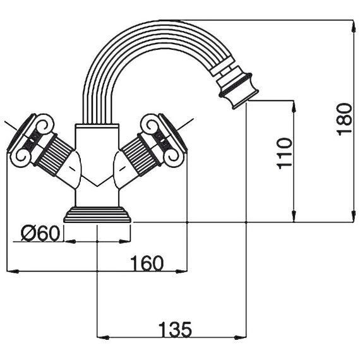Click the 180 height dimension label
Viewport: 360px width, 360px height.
click(x=344, y=119)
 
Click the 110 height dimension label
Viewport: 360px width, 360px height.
click(x=285, y=153)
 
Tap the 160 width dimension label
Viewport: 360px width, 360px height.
click(x=147, y=263)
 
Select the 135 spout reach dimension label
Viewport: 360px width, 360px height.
click(x=175, y=329)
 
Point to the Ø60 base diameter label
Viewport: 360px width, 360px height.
click(x=40, y=233)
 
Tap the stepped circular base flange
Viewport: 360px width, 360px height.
click(x=97, y=215)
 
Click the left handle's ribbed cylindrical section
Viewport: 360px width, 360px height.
click(x=55, y=155)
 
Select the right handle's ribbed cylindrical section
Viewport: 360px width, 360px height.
click(x=140, y=155)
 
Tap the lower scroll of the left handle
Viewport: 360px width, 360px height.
click(x=23, y=157)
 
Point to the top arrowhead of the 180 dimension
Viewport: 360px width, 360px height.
click(x=352, y=26)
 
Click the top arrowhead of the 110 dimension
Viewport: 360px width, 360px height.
click(x=294, y=107)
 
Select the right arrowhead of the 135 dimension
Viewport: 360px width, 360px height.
click(x=240, y=337)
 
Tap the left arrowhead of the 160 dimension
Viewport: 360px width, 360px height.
click(x=13, y=272)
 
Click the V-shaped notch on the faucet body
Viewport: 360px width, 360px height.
click(x=97, y=181)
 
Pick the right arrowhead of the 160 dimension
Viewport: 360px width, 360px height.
click(x=182, y=272)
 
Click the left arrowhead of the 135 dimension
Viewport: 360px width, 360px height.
click(x=104, y=337)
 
